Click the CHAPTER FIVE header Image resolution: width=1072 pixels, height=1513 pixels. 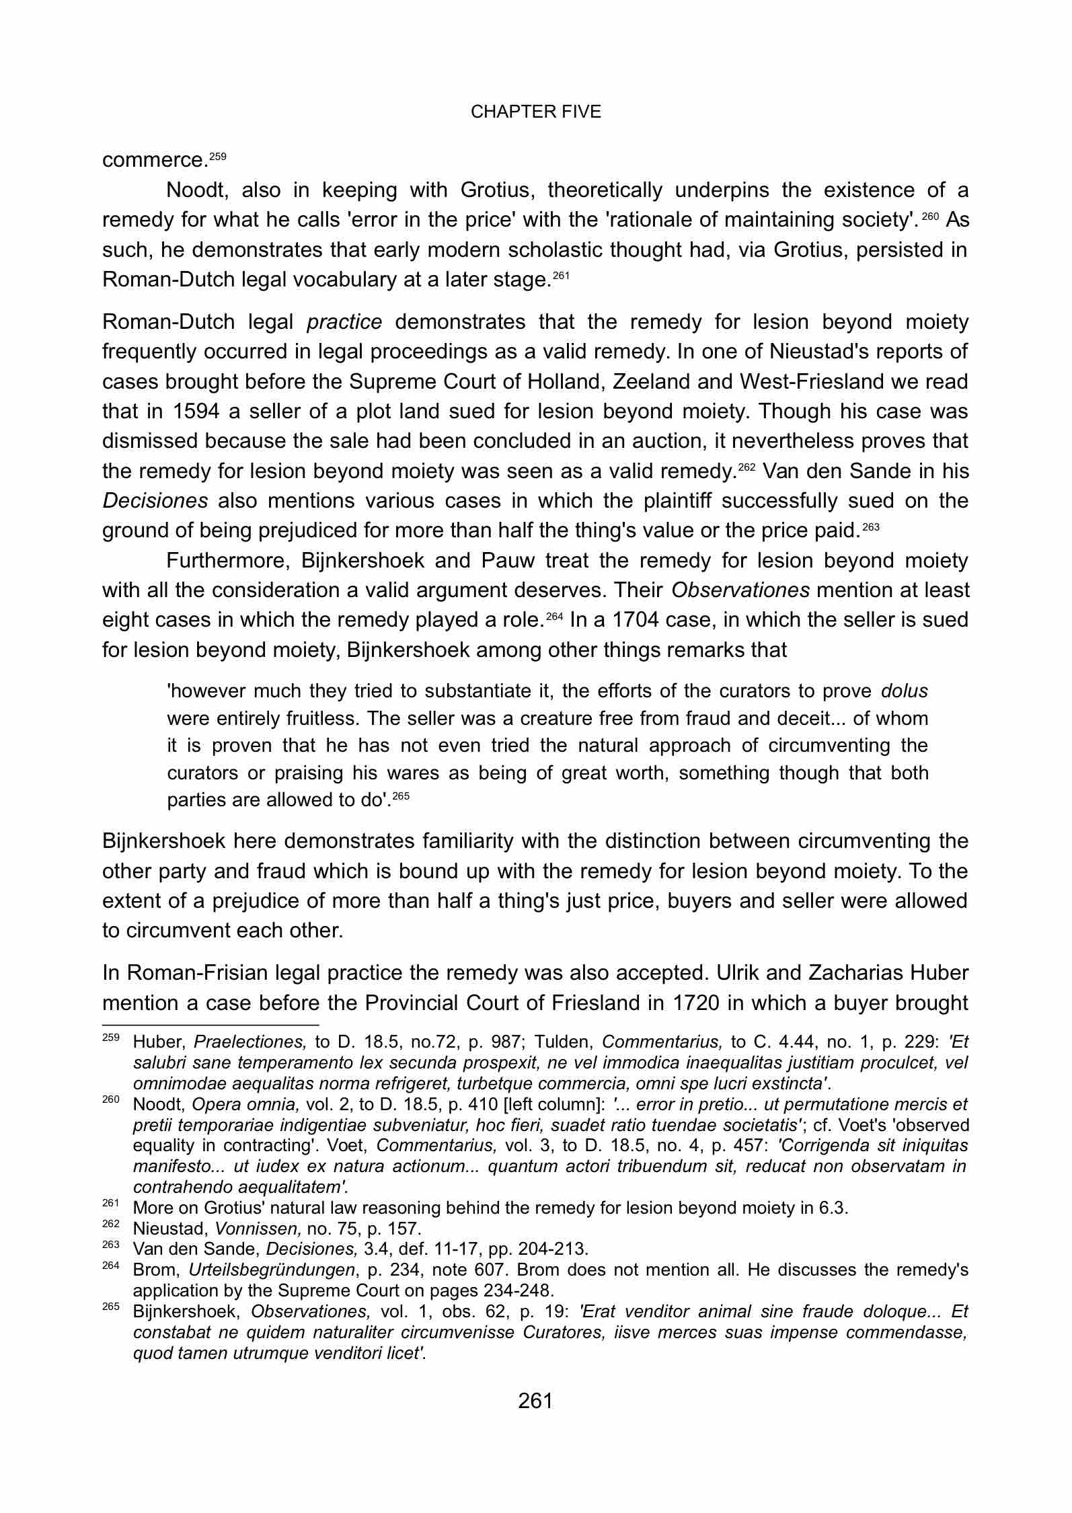(535, 112)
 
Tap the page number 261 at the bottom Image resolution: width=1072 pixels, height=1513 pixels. (535, 1401)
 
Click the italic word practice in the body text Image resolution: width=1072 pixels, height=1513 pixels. (344, 323)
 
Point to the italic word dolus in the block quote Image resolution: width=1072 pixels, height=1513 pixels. (904, 691)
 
